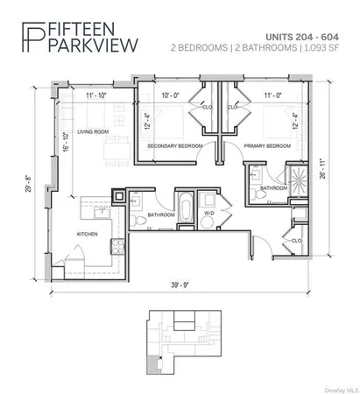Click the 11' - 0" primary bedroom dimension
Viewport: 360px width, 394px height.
click(265, 93)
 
